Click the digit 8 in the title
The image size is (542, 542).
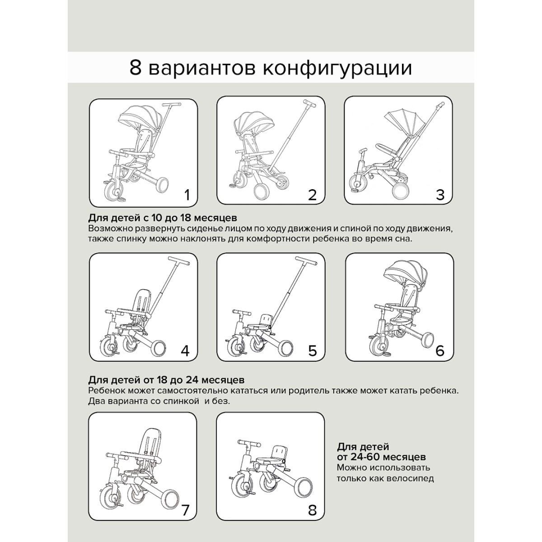point(135,68)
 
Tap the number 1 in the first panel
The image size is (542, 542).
point(187,195)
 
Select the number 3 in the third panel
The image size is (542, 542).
point(440,195)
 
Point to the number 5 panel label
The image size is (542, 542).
point(313,351)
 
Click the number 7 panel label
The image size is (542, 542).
point(185,510)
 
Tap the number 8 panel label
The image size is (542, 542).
point(312,510)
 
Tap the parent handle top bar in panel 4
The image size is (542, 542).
point(179,261)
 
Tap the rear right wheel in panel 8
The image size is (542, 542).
point(304,486)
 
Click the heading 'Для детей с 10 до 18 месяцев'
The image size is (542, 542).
point(163,218)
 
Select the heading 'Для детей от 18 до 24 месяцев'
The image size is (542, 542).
point(166,380)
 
